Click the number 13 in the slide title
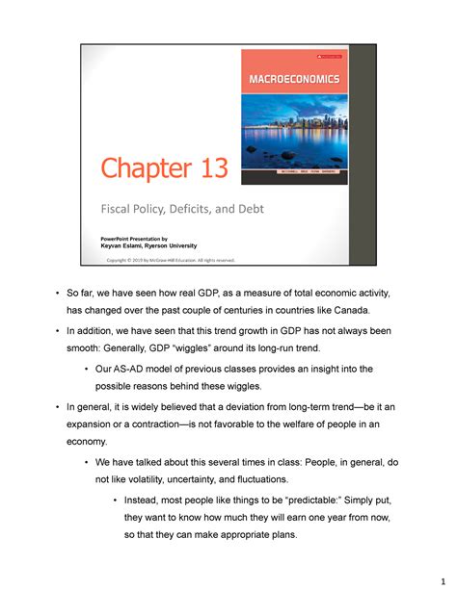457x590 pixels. [208, 170]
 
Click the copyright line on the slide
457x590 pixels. [170, 260]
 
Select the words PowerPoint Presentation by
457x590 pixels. [136, 237]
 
